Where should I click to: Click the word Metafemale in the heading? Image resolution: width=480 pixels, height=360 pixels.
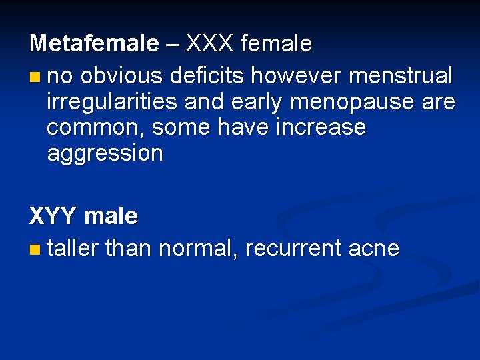(x=94, y=44)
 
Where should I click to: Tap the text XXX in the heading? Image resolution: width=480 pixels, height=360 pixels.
(x=210, y=44)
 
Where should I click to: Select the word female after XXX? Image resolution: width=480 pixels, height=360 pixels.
(x=275, y=44)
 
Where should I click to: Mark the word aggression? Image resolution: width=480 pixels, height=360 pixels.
(x=105, y=154)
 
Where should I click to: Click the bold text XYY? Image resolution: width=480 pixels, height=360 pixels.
(x=53, y=216)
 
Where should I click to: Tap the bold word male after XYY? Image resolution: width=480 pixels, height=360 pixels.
(x=111, y=216)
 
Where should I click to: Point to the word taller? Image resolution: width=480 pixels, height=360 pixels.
(x=73, y=249)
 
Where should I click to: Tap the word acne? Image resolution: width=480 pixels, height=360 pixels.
(x=374, y=249)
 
